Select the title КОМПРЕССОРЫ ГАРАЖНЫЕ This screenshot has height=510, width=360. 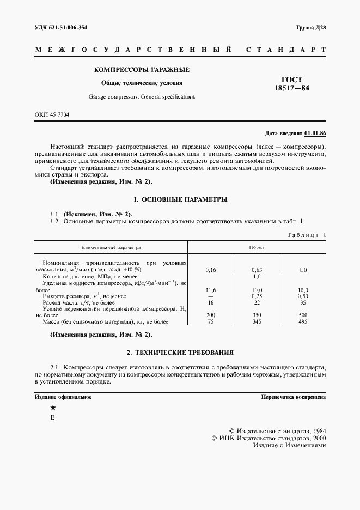142,70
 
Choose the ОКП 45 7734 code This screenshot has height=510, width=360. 52,114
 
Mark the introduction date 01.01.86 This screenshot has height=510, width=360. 315,133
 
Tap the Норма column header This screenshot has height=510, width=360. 257,247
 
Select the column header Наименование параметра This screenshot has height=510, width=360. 111,247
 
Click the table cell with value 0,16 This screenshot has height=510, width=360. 211,270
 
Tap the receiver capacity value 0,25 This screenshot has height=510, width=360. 257,296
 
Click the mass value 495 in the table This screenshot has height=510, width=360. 303,322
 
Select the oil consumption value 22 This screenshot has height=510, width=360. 257,302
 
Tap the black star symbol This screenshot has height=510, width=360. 53,408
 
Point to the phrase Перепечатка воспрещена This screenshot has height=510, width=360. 294,397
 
